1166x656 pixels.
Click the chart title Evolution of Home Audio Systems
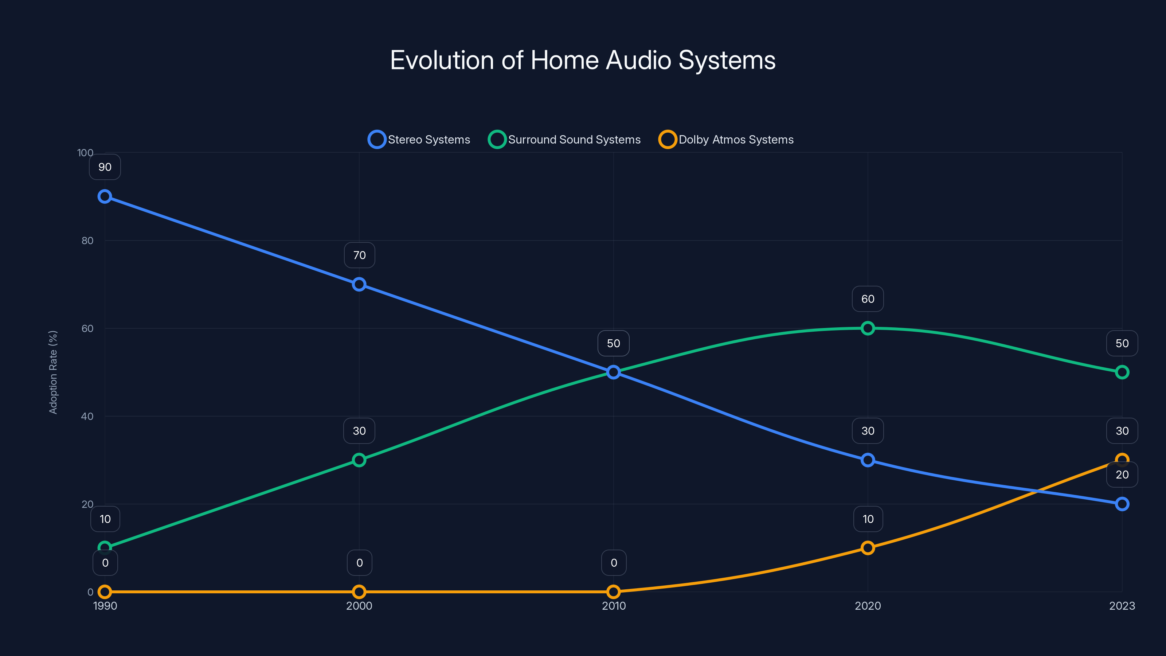(583, 60)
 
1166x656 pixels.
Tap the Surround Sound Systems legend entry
(564, 140)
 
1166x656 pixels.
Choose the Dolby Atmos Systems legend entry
(726, 140)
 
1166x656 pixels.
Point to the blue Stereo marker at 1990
(105, 196)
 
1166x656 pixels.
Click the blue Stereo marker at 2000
(359, 284)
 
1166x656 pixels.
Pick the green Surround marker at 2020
(868, 328)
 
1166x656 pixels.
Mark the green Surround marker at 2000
(359, 460)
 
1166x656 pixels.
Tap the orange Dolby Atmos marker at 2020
(868, 548)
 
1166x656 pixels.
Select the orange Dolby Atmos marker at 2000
(359, 592)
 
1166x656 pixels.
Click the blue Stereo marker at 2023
(1122, 504)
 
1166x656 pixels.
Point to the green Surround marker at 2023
(1122, 372)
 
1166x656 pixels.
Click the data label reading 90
(105, 167)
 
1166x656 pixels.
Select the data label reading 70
(359, 255)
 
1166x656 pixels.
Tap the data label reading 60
(868, 299)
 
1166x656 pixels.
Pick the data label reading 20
(1122, 475)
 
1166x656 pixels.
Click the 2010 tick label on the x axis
(613, 606)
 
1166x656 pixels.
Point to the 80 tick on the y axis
(87, 241)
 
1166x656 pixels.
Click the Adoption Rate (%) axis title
(53, 372)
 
